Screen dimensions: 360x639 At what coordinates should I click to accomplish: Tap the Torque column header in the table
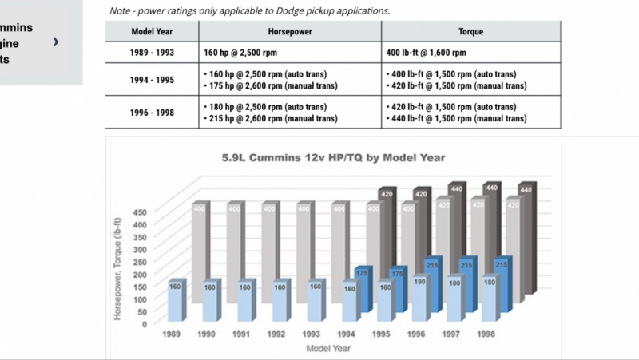471,31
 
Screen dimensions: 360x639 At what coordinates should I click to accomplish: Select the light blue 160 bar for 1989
176,303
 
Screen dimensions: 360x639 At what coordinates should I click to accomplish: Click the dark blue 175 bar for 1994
363,287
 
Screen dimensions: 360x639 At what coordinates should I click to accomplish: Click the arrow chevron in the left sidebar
56,41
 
